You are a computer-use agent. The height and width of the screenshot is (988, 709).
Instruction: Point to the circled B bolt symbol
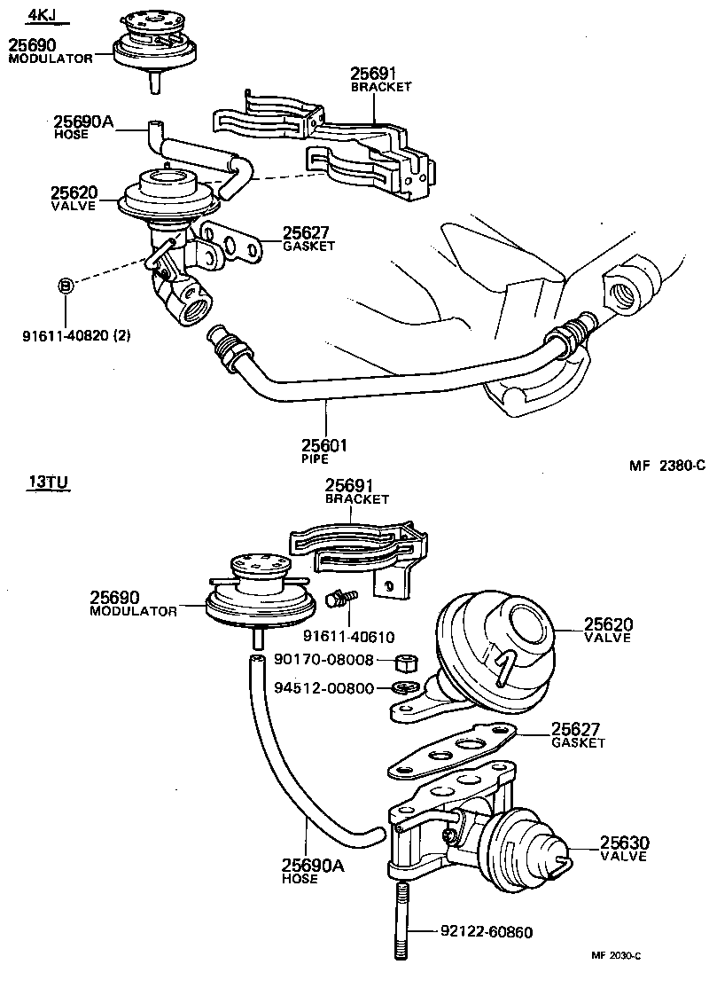click(x=65, y=286)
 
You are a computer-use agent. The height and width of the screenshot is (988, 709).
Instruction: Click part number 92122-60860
click(x=487, y=932)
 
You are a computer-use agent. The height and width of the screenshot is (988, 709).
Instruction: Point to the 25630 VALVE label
click(x=625, y=849)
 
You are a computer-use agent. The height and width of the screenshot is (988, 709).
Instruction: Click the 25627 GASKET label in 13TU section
click(x=578, y=734)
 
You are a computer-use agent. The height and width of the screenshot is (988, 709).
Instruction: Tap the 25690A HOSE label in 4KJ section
click(x=83, y=128)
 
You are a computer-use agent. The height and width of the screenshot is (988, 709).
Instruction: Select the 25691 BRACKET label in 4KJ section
click(x=381, y=81)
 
